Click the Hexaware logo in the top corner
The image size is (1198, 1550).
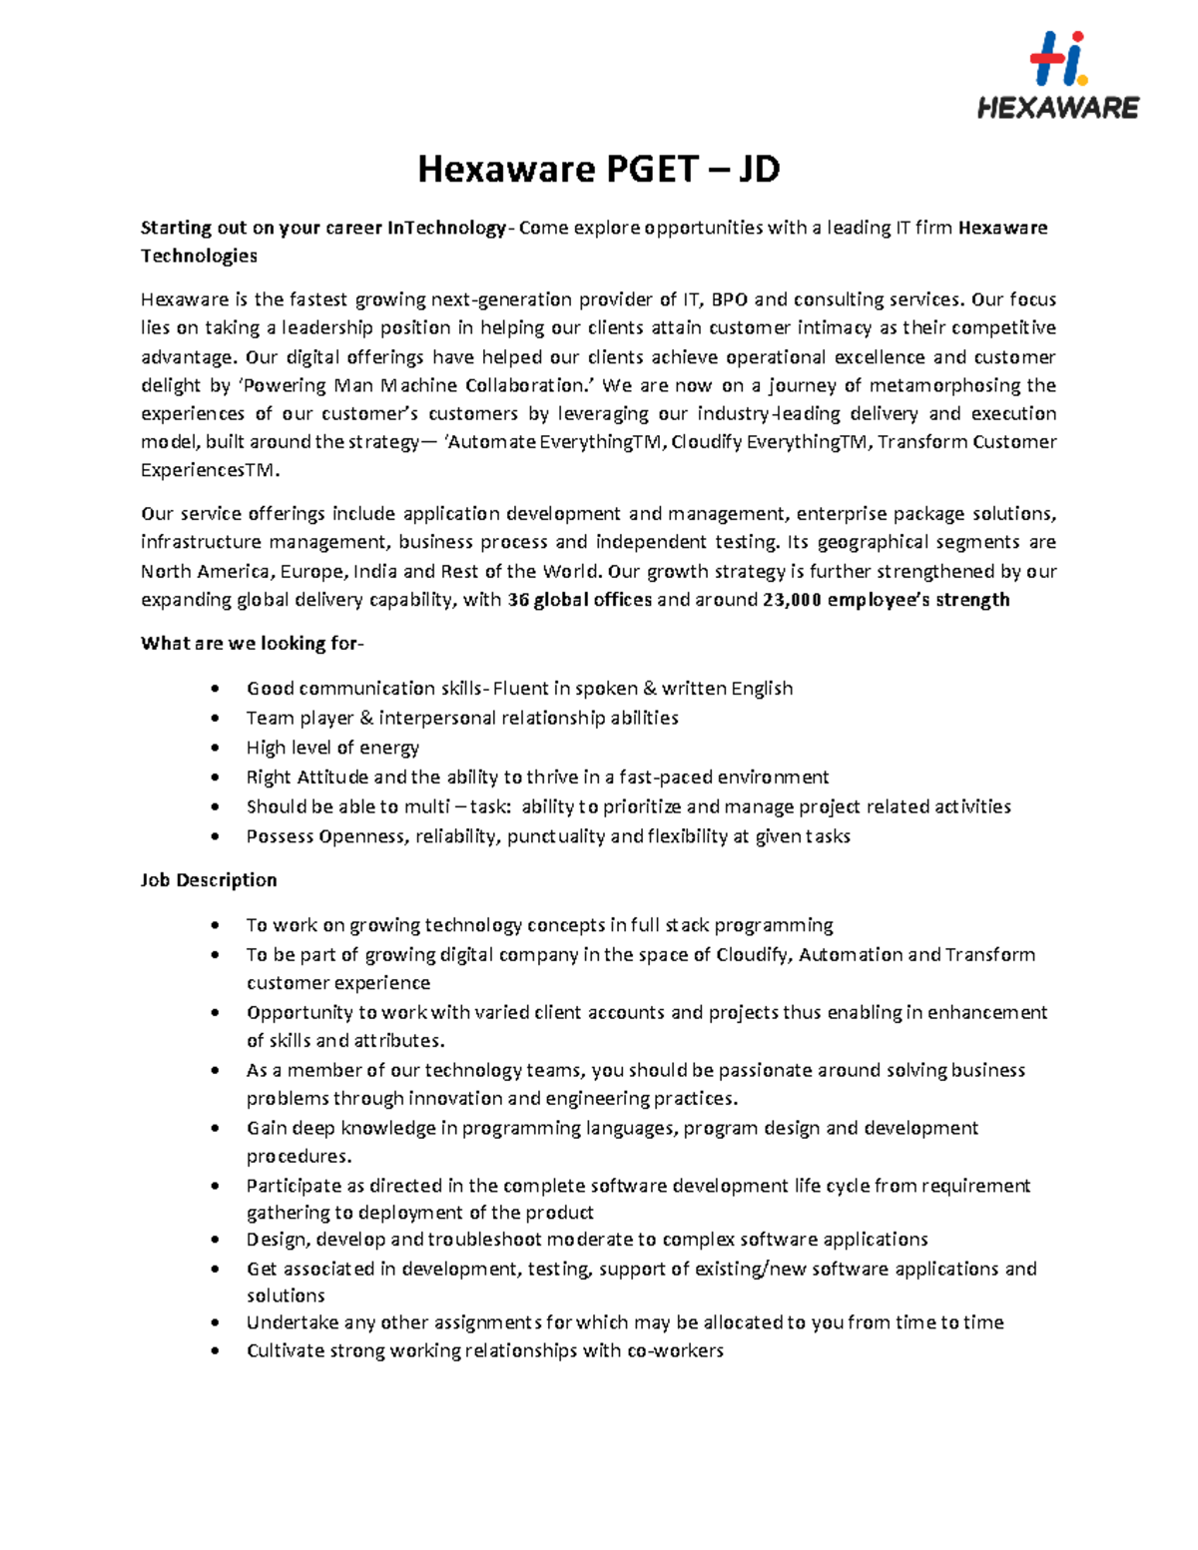point(1057,76)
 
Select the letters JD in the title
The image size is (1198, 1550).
point(759,170)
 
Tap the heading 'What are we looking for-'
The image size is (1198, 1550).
point(253,644)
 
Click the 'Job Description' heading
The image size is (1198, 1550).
point(209,880)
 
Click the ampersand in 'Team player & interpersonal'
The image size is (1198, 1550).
point(365,719)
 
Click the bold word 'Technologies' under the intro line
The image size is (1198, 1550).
point(199,257)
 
